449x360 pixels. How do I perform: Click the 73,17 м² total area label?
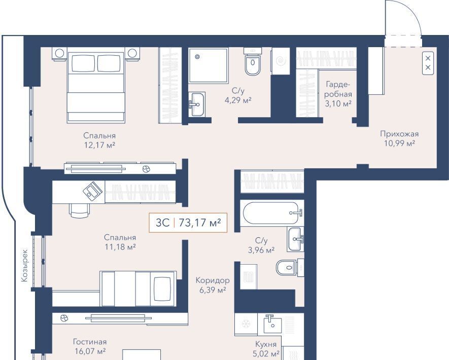(x=200, y=223)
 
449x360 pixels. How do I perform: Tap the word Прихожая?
(x=399, y=134)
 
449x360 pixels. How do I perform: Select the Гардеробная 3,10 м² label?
(x=338, y=94)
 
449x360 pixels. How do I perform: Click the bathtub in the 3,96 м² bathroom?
(x=271, y=213)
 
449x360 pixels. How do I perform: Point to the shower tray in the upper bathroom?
(x=208, y=65)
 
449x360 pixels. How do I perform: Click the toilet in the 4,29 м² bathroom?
(x=253, y=61)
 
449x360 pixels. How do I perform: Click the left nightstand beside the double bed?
(x=59, y=54)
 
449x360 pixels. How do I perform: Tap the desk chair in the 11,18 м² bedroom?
(x=79, y=210)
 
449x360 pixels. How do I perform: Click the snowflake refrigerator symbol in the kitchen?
(x=246, y=324)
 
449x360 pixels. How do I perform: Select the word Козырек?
(x=25, y=265)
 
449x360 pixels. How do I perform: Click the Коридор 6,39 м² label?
(x=213, y=285)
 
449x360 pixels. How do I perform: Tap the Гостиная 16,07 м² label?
(x=90, y=346)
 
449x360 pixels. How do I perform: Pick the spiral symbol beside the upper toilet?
(x=281, y=61)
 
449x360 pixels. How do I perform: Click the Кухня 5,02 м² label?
(x=266, y=349)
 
